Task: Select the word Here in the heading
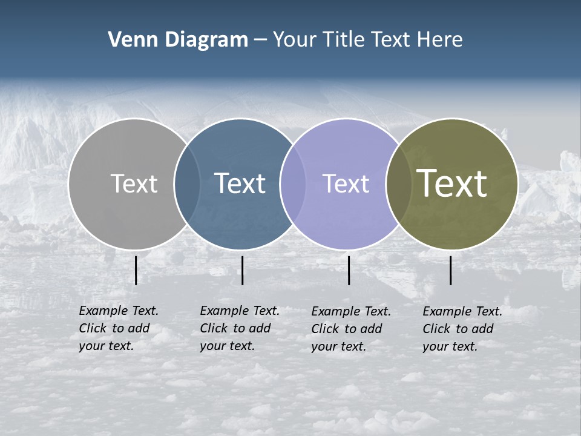click(440, 40)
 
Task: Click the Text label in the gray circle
click(134, 183)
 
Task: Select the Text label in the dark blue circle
click(240, 183)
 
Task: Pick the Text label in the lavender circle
click(346, 183)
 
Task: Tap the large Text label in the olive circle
click(451, 183)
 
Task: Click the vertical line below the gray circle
click(136, 270)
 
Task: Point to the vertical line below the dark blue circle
click(242, 270)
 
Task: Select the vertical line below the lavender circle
click(349, 270)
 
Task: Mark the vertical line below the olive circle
click(451, 270)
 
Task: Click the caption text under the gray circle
click(118, 328)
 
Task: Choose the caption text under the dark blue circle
click(239, 328)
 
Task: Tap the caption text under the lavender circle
click(350, 329)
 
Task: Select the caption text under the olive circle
click(462, 329)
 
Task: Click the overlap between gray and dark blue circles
click(187, 183)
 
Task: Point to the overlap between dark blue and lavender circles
click(293, 183)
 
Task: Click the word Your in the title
click(295, 40)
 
